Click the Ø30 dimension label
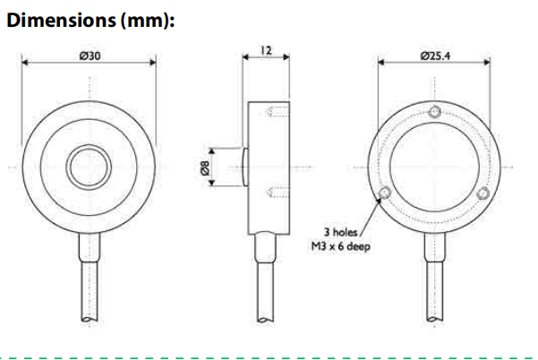click(x=90, y=56)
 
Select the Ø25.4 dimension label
click(x=435, y=56)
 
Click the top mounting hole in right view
click(x=435, y=111)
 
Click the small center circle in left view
click(x=90, y=166)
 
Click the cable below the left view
click(x=90, y=278)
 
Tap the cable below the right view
click(x=435, y=278)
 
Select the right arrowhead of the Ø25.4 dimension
click(x=489, y=63)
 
